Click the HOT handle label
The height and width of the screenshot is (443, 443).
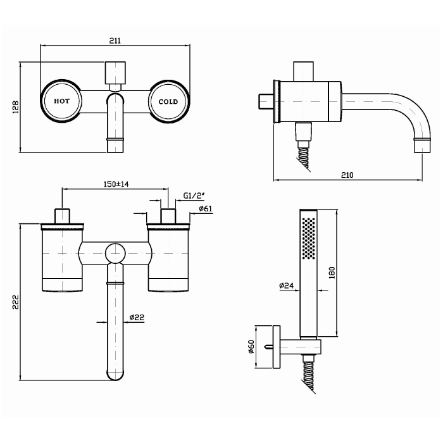tap(61, 101)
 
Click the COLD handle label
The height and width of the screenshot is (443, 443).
tap(168, 101)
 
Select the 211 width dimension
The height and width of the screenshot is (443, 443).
tap(115, 41)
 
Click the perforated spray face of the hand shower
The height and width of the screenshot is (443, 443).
tap(309, 239)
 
